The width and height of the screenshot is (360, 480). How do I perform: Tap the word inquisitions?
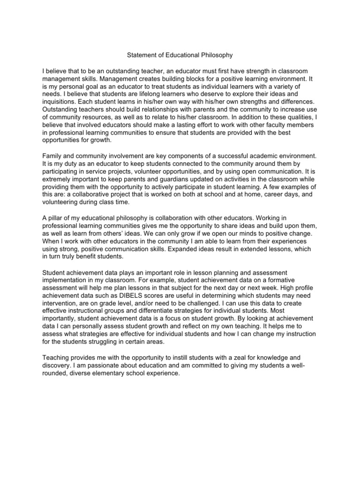coord(58,101)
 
